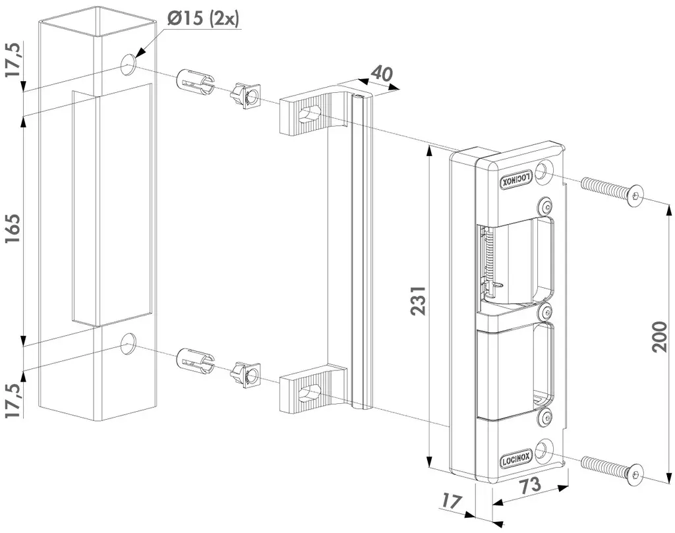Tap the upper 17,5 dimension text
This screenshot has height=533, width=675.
pyautogui.click(x=15, y=61)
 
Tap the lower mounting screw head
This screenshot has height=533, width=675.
pyautogui.click(x=634, y=474)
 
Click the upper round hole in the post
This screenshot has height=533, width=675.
pyautogui.click(x=129, y=64)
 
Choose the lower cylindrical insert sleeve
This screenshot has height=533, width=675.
pyautogui.click(x=196, y=362)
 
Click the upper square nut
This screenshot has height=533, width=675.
pyautogui.click(x=245, y=97)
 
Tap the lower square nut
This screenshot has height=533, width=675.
pyautogui.click(x=246, y=376)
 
